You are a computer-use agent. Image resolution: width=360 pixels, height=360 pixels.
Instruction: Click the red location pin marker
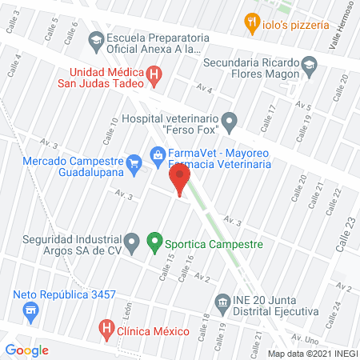tap(180, 178)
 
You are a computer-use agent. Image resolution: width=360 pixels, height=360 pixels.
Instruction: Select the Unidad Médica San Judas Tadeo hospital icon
tap(156, 77)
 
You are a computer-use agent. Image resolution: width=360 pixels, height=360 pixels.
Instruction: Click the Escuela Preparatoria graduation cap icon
tap(95, 39)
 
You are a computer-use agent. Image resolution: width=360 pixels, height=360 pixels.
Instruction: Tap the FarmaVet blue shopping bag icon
tap(158, 152)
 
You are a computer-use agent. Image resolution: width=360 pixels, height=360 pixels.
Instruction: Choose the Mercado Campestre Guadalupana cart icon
tap(134, 166)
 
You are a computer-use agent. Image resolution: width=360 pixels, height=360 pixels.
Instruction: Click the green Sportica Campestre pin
tap(155, 240)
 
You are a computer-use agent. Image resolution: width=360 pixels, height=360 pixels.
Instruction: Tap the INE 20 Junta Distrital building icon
tap(222, 302)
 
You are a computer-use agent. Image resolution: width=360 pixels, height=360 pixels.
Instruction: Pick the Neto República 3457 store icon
tap(30, 310)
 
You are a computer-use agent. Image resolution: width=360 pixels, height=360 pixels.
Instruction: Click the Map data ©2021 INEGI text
tap(313, 353)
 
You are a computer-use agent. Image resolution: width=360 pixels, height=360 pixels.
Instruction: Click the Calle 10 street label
tap(109, 126)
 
